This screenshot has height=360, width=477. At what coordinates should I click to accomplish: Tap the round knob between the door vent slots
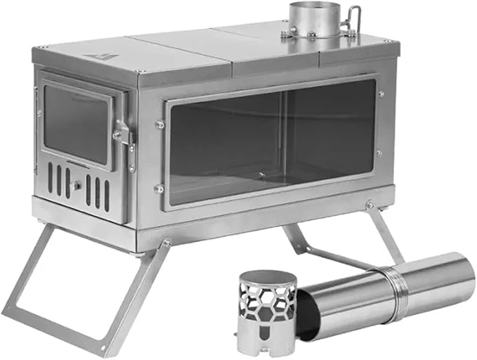click(x=77, y=186)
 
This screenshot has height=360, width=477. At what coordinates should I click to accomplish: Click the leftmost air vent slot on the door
click(x=50, y=178)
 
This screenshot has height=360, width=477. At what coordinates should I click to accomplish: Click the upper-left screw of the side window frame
click(x=159, y=124)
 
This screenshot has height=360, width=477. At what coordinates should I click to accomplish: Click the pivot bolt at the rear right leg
click(x=370, y=205)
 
